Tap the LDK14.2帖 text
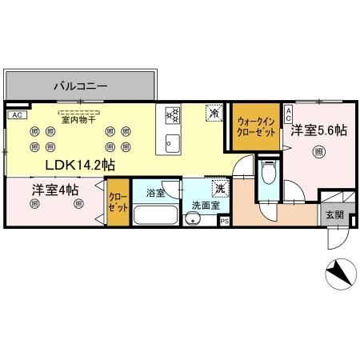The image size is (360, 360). point(80,166)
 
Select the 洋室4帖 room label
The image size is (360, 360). point(55,190)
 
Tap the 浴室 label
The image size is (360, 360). point(156,193)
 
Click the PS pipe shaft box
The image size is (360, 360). point(224,221)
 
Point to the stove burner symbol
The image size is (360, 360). point(171,116)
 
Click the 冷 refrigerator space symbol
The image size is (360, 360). point(214,114)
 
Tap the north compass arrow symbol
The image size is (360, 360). point(339,274)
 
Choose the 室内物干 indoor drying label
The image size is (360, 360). point(78,120)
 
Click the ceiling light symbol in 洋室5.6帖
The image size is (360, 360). point(318,152)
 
